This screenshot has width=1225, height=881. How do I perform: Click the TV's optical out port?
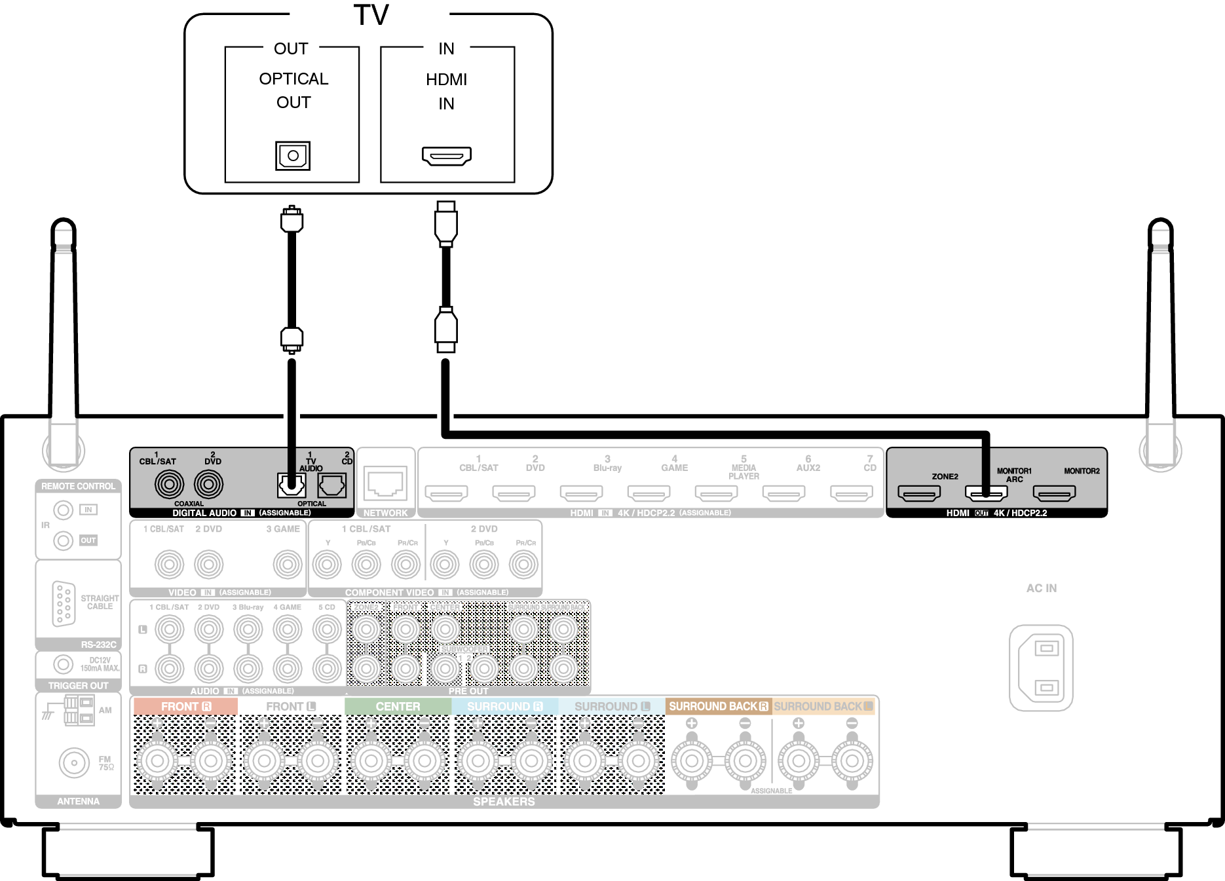point(293,156)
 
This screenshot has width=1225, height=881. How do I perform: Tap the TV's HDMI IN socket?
point(446,156)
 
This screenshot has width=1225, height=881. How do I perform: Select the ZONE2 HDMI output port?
point(918,493)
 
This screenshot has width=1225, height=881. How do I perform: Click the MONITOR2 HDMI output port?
point(1054,493)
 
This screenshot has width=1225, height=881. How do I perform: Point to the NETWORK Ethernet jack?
point(385,483)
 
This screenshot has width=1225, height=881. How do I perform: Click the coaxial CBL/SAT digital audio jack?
point(169,485)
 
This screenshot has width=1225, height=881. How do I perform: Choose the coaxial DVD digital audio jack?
point(208,485)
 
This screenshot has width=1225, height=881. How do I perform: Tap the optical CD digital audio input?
point(331,485)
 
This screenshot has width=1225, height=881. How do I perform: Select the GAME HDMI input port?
point(649,493)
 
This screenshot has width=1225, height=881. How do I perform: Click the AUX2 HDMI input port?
point(783,493)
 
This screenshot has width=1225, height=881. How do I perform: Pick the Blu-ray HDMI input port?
point(581,493)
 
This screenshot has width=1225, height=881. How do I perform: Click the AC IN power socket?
point(1041,667)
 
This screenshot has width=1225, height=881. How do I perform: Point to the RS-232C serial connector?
point(64,603)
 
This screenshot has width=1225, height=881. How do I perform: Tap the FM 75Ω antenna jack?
point(74,762)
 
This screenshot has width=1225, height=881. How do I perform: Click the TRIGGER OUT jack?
point(63,664)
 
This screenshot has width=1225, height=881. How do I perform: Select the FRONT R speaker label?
point(185,706)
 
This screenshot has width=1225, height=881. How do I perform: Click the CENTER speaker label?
point(398,706)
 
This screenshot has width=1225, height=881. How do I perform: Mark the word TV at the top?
point(371,14)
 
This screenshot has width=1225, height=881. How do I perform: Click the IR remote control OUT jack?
point(63,540)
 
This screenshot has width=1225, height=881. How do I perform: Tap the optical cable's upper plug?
point(292,219)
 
